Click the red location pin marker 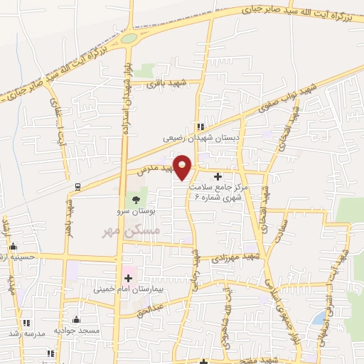pyautogui.click(x=183, y=167)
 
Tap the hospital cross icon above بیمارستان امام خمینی pyautogui.click(x=129, y=278)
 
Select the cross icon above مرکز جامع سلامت pyautogui.click(x=218, y=176)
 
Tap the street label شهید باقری pyautogui.click(x=166, y=83)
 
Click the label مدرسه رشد pyautogui.click(x=30, y=333)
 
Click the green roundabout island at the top pyautogui.click(x=129, y=38)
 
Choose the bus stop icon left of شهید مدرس pyautogui.click(x=77, y=187)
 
